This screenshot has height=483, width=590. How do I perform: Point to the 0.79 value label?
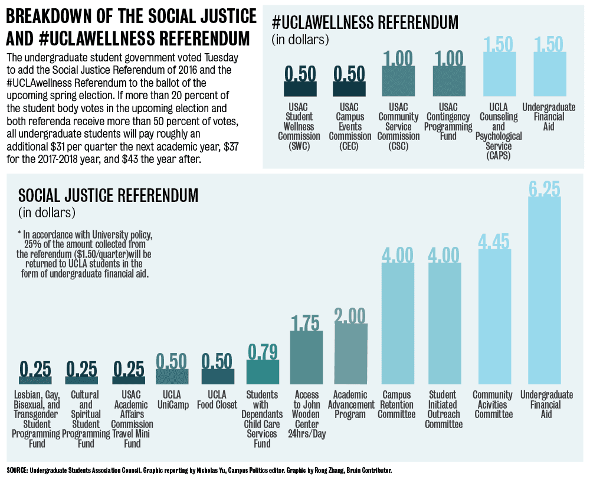pos(263,351)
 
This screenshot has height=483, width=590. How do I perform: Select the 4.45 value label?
pos(494,243)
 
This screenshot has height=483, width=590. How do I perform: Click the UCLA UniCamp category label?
pos(172,400)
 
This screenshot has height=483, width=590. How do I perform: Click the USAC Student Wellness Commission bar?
pos(300,89)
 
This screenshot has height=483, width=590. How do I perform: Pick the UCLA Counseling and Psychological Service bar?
pos(499,74)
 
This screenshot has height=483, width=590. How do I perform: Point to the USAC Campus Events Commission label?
pos(349,126)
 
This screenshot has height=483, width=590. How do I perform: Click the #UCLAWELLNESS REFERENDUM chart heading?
pos(365,23)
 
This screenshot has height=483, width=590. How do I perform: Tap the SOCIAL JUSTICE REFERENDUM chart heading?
pos(109,195)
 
